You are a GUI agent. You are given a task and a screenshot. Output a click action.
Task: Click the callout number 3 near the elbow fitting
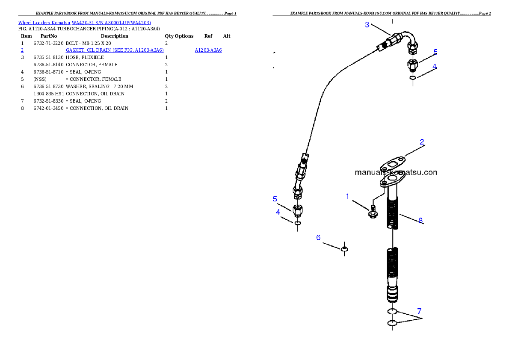pos(367,25)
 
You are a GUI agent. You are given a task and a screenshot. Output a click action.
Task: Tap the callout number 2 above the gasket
pos(422,142)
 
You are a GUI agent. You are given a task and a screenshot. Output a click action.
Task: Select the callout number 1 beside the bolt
pos(348,196)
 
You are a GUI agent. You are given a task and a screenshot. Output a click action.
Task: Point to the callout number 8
pos(420,221)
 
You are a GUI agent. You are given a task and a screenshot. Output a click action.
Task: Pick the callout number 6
pos(318,237)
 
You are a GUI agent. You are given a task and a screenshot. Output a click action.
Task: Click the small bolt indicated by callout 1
pos(373,211)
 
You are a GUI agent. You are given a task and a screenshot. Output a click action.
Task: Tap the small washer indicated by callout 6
pos(344,248)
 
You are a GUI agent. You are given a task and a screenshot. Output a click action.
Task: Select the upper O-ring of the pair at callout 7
pos(392,311)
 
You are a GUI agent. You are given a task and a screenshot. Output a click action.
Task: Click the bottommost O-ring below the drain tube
pos(392,323)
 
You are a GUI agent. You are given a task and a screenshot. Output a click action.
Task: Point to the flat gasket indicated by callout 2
pos(392,164)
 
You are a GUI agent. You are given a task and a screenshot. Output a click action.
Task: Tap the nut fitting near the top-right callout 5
pos(412,65)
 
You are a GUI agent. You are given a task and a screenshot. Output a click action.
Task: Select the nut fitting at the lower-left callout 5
pos(298,210)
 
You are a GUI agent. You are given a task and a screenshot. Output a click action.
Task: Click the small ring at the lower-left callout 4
pos(298,223)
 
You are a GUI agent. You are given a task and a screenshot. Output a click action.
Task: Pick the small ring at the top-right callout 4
pos(412,78)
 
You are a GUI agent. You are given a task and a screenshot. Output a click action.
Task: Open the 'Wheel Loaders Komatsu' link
pos(84,23)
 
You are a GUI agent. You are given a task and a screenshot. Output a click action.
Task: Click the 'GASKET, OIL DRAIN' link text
pos(115,50)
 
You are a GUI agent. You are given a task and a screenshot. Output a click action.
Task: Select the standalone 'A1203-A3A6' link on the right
pos(208,50)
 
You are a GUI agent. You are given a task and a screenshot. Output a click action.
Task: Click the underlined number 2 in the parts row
pos(22,50)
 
